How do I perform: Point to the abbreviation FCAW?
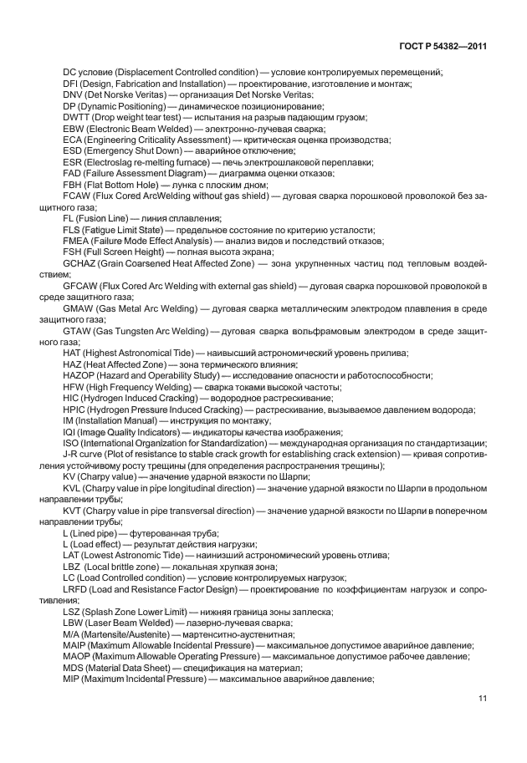pyautogui.click(x=78, y=196)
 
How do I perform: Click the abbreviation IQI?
pyautogui.click(x=69, y=431)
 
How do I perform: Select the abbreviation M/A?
pyautogui.click(x=72, y=633)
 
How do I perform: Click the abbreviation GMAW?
pyautogui.click(x=79, y=308)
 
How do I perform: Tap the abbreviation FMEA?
pyautogui.click(x=77, y=241)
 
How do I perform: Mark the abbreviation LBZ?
pyautogui.click(x=72, y=566)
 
